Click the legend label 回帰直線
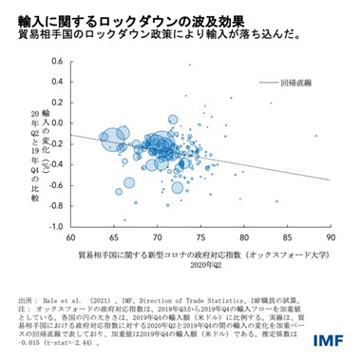tap(308, 84)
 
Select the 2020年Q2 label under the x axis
tap(200, 268)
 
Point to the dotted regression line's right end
tap(329, 180)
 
